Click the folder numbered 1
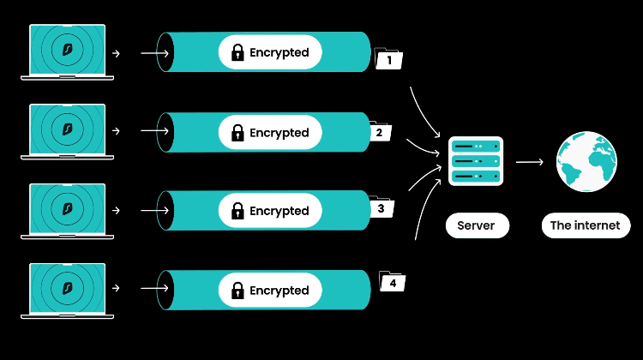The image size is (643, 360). [389, 60]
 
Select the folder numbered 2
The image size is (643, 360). [380, 132]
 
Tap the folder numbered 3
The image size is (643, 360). [381, 207]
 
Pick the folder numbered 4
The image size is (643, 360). [392, 281]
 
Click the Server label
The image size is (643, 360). [476, 225]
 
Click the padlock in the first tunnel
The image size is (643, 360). [237, 53]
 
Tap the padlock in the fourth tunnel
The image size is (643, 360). [237, 291]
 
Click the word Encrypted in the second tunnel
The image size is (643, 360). [279, 133]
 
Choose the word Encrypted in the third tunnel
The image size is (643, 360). [279, 211]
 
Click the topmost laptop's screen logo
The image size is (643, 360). [68, 47]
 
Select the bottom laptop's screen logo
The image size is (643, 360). [68, 285]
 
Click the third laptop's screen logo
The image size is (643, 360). [68, 206]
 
